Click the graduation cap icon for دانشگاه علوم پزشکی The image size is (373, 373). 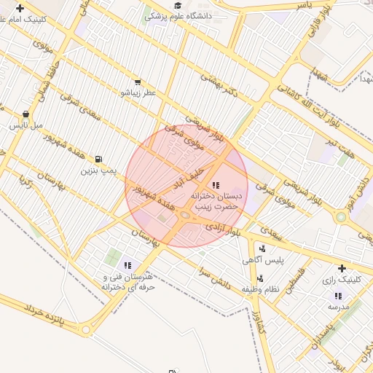[178, 5]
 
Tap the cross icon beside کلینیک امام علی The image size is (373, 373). [20, 9]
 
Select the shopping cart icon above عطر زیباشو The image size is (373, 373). [137, 82]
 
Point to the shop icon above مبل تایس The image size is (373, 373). [26, 114]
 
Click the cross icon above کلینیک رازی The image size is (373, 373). [341, 268]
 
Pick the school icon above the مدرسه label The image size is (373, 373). [338, 296]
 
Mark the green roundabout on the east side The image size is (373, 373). [340, 216]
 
